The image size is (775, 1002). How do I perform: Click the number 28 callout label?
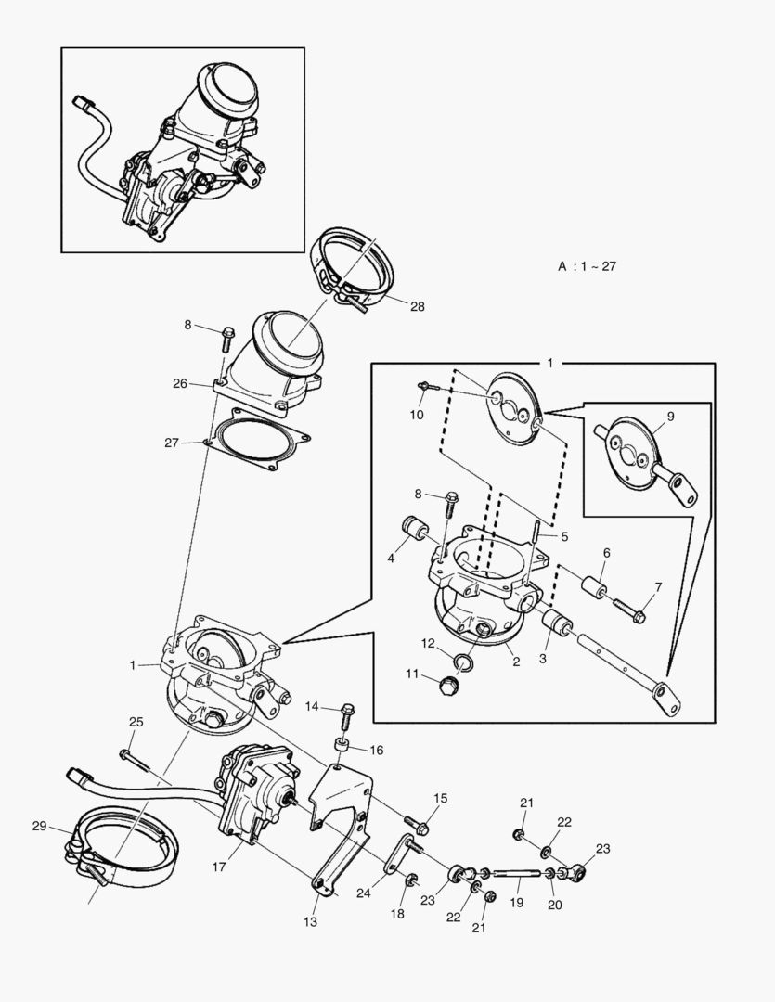click(x=417, y=306)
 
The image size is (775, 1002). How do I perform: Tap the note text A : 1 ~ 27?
click(x=588, y=266)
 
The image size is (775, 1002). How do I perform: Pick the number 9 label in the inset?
click(x=670, y=417)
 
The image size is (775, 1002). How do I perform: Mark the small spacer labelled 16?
click(x=341, y=747)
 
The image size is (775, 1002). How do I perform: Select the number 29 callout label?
click(x=38, y=826)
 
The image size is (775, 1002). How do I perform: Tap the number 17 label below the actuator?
click(x=220, y=868)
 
